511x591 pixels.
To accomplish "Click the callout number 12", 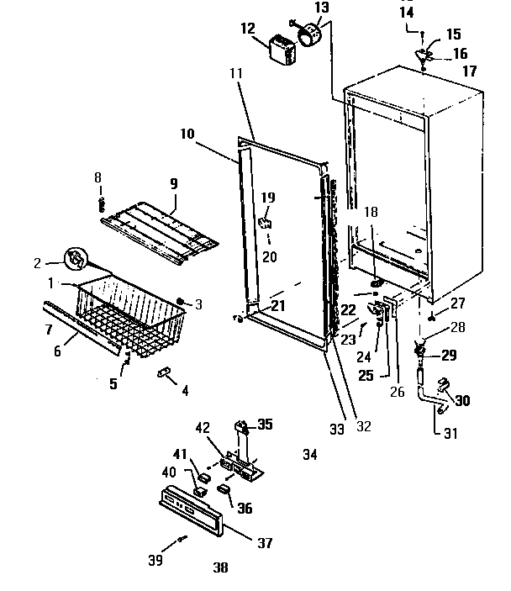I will click(x=247, y=29).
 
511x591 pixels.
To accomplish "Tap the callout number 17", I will click(x=469, y=71).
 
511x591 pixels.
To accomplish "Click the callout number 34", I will click(x=310, y=455).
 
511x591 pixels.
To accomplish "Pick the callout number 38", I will click(x=220, y=567).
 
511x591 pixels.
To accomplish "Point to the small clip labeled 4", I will click(x=164, y=372).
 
